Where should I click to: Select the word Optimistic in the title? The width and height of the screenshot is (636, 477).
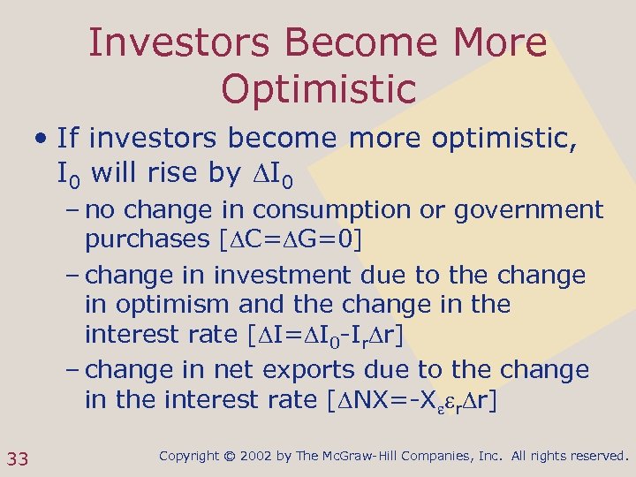tap(318, 88)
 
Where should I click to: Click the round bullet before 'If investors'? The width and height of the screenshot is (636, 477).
tap(41, 138)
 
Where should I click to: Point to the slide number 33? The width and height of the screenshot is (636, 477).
tap(18, 458)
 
